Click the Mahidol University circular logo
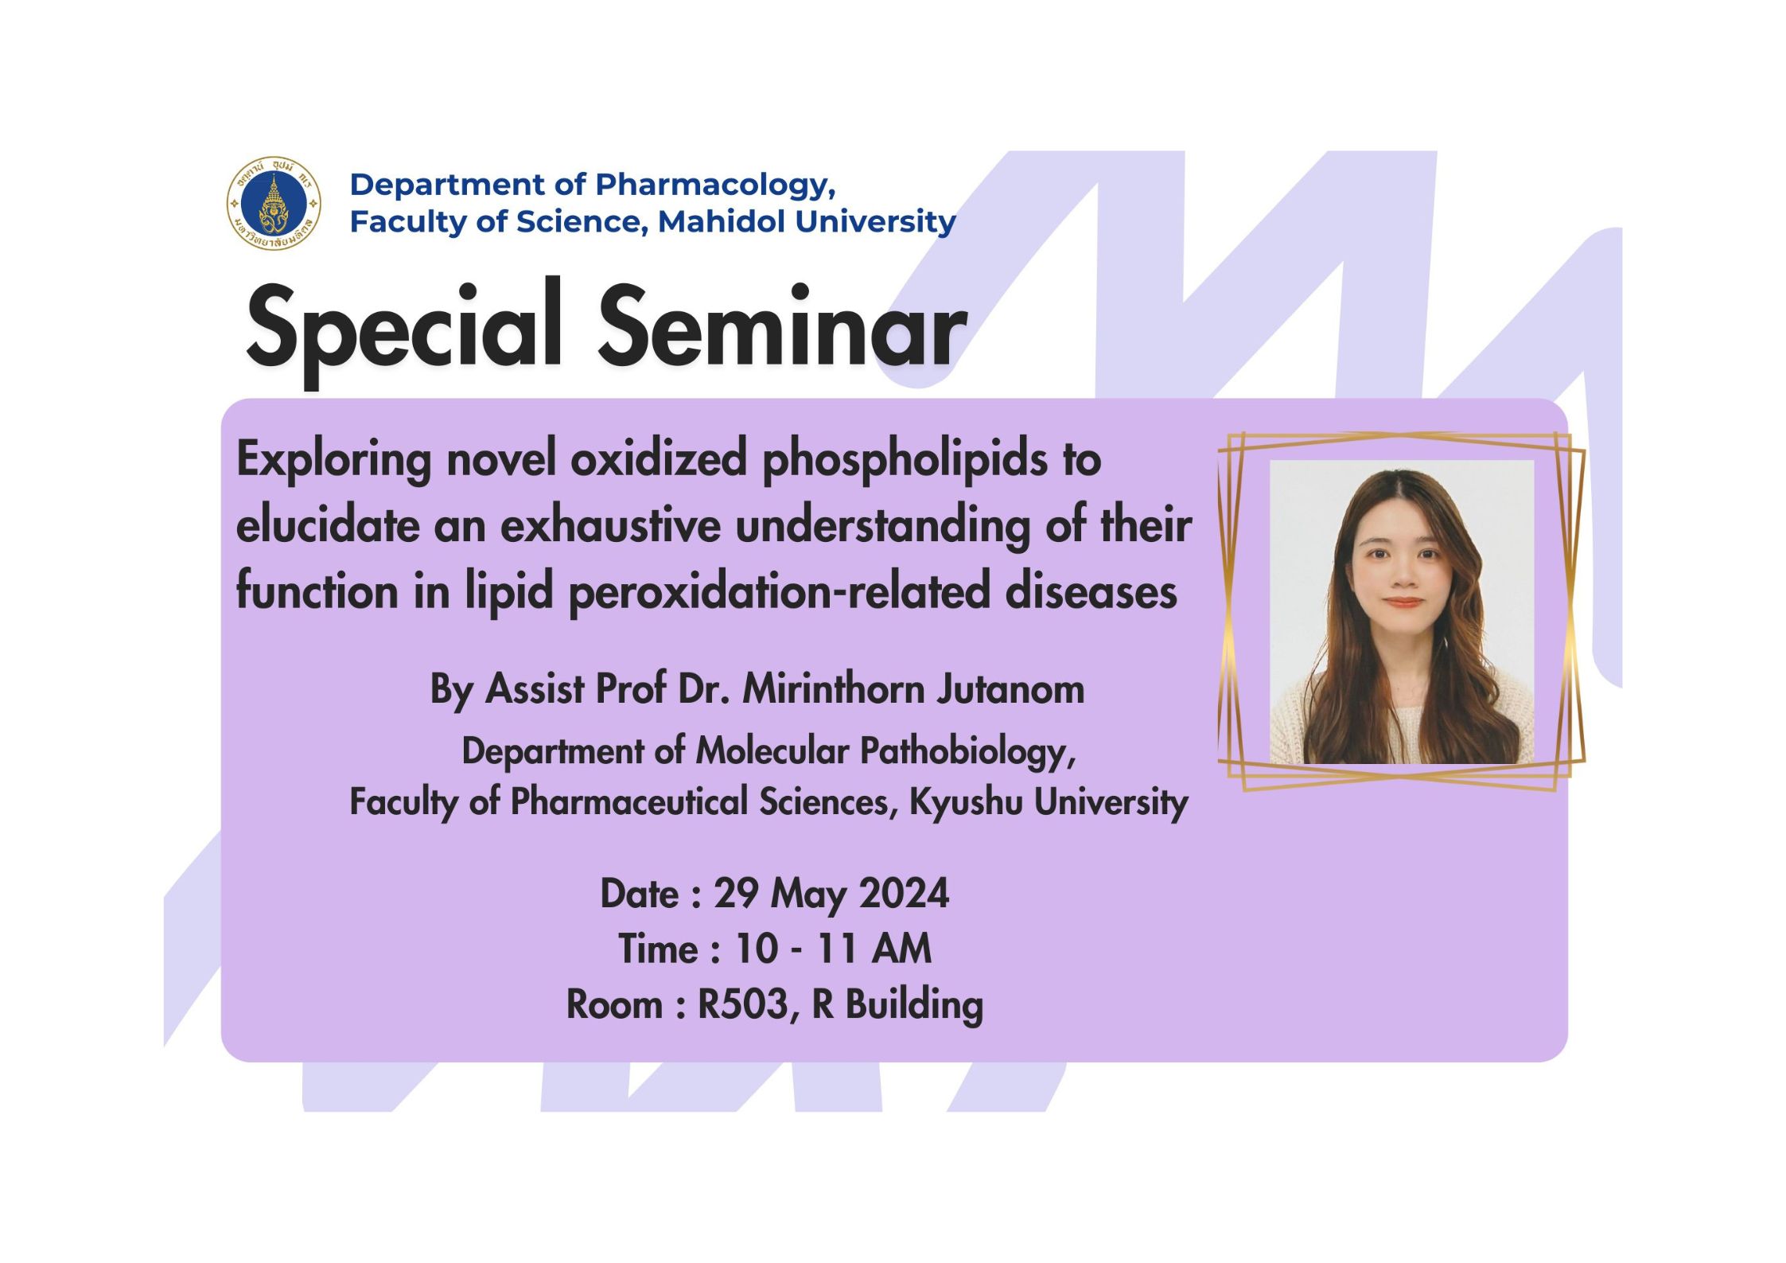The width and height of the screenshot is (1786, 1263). click(x=274, y=204)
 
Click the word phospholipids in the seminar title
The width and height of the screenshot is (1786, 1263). click(x=905, y=462)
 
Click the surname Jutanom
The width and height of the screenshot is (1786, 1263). click(x=1010, y=689)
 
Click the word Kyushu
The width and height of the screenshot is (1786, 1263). click(x=965, y=802)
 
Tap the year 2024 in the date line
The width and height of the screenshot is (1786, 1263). click(x=904, y=893)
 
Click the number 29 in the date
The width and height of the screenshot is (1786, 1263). click(x=736, y=893)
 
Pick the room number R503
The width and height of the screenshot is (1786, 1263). click(x=743, y=1004)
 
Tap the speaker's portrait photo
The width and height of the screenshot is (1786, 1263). click(x=1402, y=612)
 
